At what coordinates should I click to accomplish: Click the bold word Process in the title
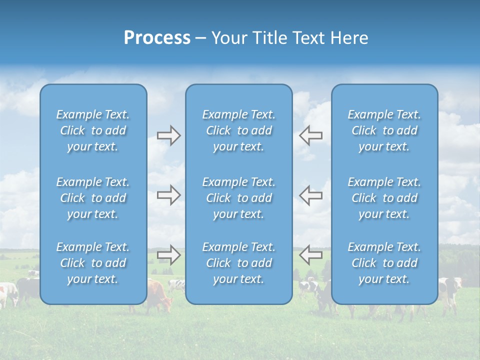click(x=157, y=38)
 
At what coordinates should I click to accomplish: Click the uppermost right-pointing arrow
click(x=168, y=135)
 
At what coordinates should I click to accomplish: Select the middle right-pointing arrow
click(x=168, y=195)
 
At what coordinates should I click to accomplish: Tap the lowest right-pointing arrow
click(x=168, y=255)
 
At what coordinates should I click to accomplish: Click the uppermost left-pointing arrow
click(x=310, y=135)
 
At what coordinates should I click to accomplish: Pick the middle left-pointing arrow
click(x=310, y=195)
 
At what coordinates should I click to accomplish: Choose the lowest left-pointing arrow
click(x=310, y=255)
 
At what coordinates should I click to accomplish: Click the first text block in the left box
click(x=93, y=130)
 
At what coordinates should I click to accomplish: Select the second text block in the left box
click(x=93, y=198)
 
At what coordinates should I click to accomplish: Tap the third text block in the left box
click(x=93, y=263)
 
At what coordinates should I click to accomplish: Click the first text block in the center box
click(x=238, y=130)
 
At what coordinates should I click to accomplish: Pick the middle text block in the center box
click(x=238, y=198)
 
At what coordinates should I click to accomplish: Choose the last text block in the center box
click(x=238, y=263)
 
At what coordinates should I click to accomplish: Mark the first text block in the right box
click(x=384, y=130)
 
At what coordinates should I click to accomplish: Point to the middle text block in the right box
click(x=384, y=198)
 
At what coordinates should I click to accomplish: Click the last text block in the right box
click(x=384, y=263)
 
